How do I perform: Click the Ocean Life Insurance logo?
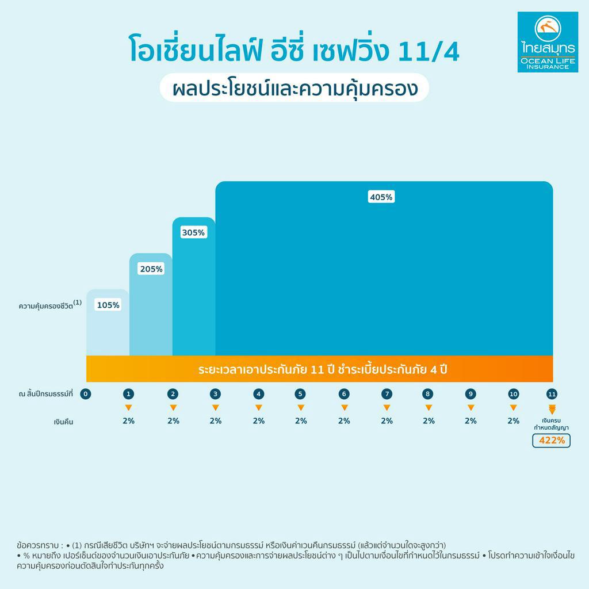[547, 42]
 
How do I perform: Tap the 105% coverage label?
[108, 305]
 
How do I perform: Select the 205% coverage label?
[151, 269]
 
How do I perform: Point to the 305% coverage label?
[193, 233]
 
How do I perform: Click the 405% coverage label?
[381, 197]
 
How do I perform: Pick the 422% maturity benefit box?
[551, 441]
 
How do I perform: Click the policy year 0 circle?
[86, 394]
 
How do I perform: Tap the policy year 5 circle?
[300, 394]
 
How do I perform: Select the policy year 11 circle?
[552, 394]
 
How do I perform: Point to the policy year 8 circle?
[428, 394]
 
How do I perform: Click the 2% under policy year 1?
[129, 420]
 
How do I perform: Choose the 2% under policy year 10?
[514, 420]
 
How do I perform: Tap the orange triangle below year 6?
[344, 408]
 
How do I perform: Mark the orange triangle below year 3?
[215, 408]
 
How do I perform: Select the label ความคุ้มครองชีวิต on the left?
[49, 306]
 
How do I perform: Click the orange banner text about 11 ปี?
[322, 369]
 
